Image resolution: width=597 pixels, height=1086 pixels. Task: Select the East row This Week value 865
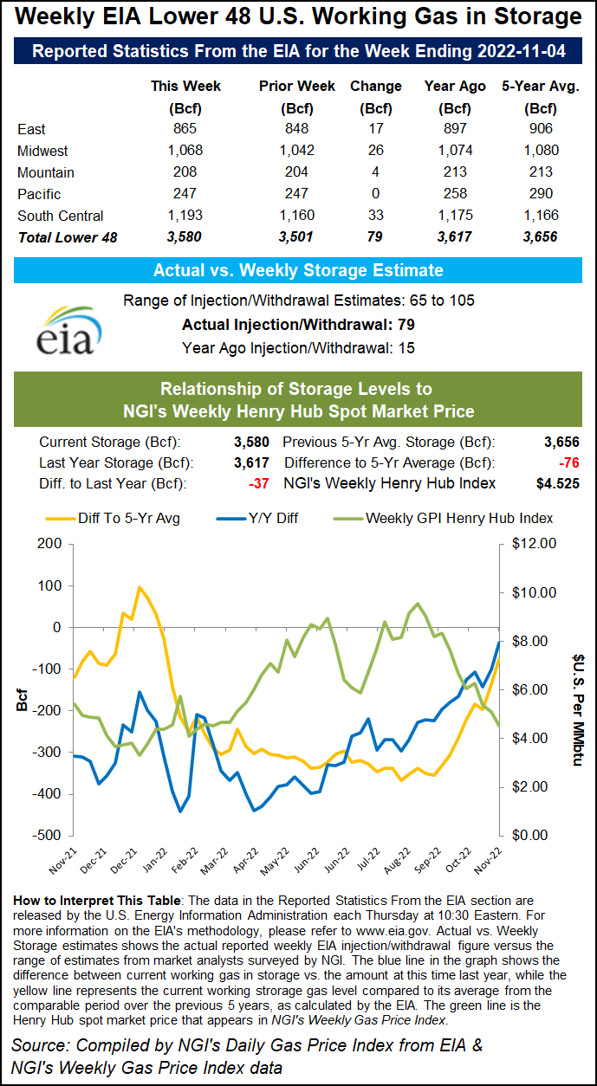pos(185,129)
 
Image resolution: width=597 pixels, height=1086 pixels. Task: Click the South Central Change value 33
pos(375,216)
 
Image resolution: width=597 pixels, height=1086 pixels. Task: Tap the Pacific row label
pos(39,194)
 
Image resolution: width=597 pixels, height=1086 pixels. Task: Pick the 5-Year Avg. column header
pos(541,87)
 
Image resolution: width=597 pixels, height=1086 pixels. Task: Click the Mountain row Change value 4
pos(375,172)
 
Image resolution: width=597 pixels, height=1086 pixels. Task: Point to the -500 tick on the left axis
pos(48,835)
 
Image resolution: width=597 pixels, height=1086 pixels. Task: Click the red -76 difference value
pos(565,462)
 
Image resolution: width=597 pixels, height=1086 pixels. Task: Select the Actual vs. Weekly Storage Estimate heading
pos(298,270)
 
